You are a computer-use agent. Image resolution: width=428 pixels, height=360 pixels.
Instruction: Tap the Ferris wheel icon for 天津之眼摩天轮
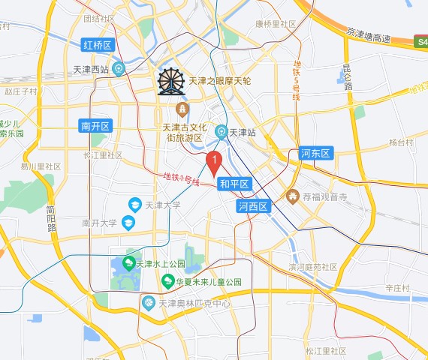(172, 82)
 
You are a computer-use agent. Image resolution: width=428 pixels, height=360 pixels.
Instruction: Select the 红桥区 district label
(97, 46)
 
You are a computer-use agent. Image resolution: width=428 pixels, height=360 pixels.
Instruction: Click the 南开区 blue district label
(95, 126)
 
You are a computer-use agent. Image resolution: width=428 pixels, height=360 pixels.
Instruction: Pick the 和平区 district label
(234, 184)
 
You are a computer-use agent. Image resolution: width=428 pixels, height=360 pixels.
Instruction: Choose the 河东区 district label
(315, 154)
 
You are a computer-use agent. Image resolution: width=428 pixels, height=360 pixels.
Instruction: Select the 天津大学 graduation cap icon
(134, 204)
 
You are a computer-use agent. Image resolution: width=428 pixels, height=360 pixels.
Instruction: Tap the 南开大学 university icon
(128, 223)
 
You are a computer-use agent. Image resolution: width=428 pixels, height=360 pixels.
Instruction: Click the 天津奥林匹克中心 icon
(148, 303)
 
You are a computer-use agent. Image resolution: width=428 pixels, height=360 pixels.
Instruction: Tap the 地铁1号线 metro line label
(181, 179)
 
